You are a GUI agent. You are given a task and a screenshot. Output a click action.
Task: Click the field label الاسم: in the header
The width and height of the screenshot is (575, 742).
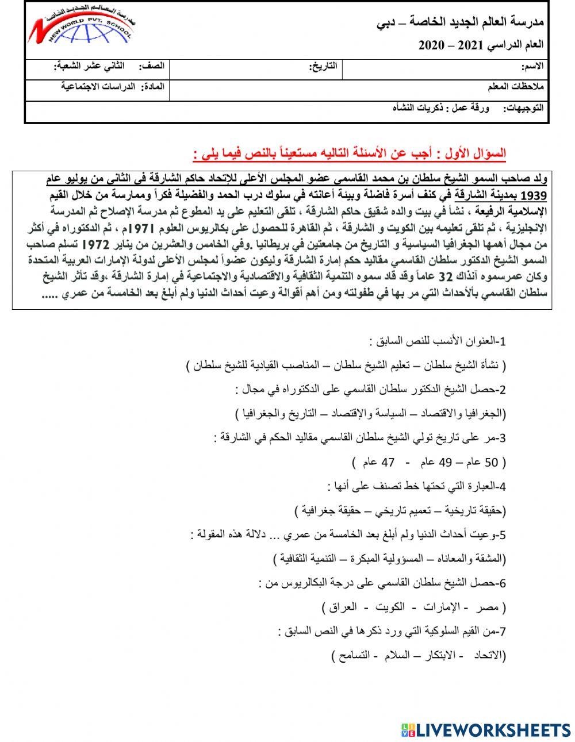pos(531,67)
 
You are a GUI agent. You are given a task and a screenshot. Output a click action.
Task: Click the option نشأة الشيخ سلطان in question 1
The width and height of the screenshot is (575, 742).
pos(465,365)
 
